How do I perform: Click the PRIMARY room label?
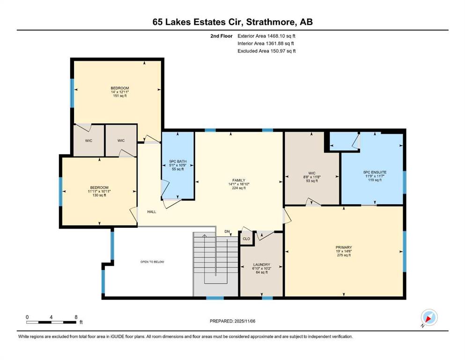[344, 247]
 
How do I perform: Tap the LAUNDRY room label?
[262, 264]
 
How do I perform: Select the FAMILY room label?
[239, 180]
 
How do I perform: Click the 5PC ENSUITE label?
[375, 172]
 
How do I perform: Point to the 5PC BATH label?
[178, 161]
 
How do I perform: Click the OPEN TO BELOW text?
[152, 262]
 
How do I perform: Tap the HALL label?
[152, 211]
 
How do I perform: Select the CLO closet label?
[246, 239]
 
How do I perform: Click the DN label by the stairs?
[227, 232]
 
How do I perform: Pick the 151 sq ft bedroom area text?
[120, 96]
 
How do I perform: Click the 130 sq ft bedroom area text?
[99, 195]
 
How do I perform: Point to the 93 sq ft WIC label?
[312, 181]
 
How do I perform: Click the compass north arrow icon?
[429, 318]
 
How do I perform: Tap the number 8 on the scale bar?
[76, 317]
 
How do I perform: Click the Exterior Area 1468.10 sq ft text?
[266, 36]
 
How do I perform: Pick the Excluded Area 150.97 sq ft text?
[266, 51]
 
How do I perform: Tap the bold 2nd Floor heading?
[221, 36]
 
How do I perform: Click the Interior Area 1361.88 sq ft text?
[266, 43]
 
